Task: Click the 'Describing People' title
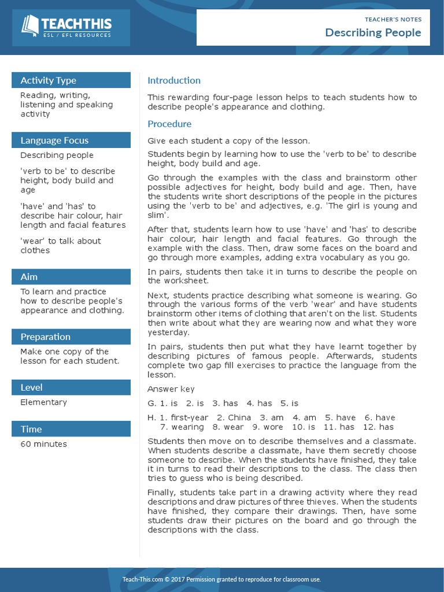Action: (373, 32)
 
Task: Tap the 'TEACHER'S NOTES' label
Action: (393, 19)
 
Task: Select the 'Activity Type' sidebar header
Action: (49, 80)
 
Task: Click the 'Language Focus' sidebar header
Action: (54, 140)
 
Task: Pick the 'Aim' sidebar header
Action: (29, 277)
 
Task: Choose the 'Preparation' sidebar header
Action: (46, 337)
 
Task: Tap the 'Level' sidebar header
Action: (31, 387)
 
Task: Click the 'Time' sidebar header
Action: (31, 429)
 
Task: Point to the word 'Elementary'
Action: (43, 402)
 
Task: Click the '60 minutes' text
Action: (43, 444)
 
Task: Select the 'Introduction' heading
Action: (174, 80)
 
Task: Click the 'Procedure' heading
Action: (169, 124)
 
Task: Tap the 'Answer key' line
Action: (171, 389)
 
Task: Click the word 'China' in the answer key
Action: (239, 417)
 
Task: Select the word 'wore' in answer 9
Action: (273, 427)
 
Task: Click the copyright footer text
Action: (221, 579)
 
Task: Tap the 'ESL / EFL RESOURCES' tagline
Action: (77, 35)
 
